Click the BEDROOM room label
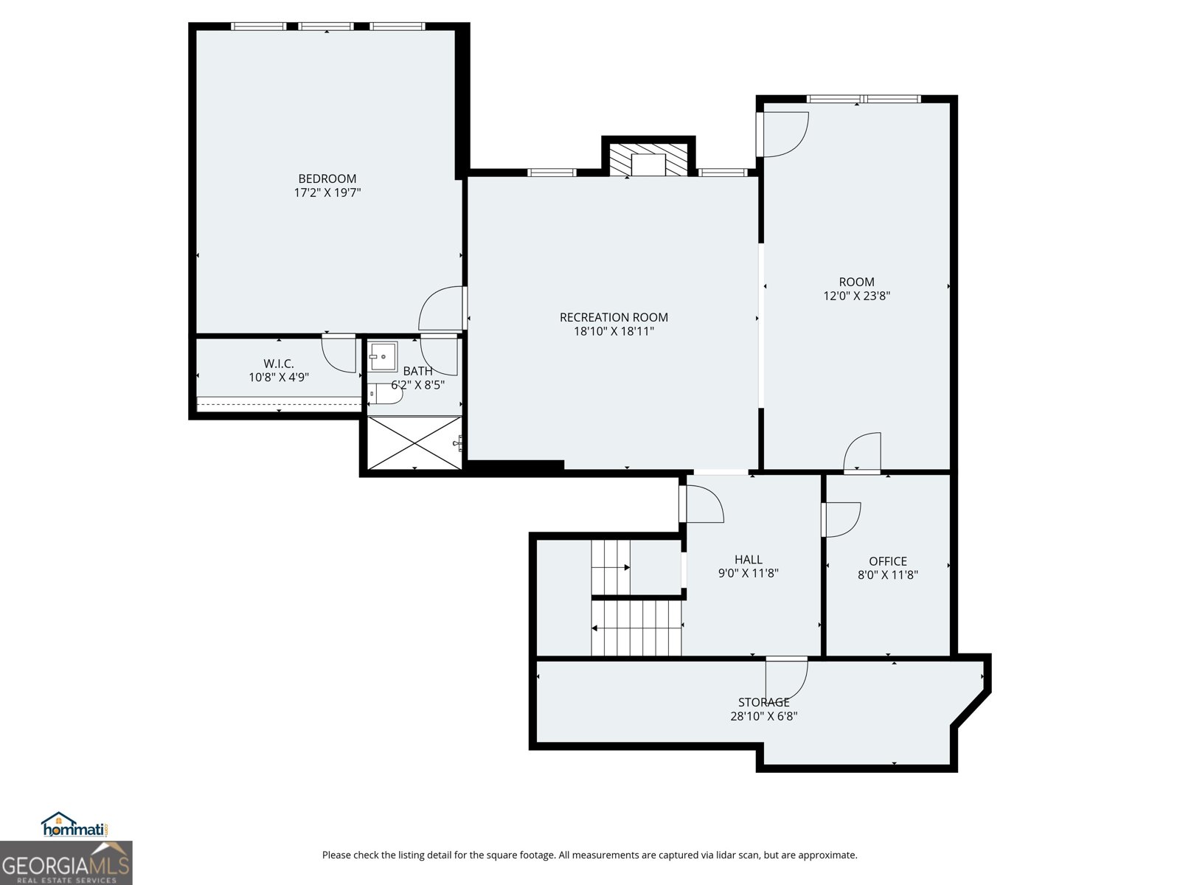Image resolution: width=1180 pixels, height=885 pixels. click(x=327, y=178)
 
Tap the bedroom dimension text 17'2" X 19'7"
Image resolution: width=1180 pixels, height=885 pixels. click(x=327, y=192)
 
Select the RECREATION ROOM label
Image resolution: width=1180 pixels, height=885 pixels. click(x=614, y=317)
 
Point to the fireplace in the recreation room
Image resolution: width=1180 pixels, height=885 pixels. click(x=648, y=159)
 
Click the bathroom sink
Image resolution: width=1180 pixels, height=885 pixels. click(x=382, y=356)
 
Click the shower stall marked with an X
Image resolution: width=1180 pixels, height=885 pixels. click(x=414, y=442)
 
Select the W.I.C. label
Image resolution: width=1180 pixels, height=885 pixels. click(x=279, y=364)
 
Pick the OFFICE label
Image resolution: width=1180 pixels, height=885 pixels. click(x=887, y=561)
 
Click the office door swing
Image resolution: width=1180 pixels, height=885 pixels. click(x=841, y=520)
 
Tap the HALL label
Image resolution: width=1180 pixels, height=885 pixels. click(x=749, y=559)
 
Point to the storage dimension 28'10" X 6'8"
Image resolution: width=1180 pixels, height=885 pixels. click(x=763, y=715)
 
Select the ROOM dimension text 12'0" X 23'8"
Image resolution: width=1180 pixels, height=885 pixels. click(x=856, y=296)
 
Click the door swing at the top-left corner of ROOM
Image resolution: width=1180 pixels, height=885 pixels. click(x=782, y=134)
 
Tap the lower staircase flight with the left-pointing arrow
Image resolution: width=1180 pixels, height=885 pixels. click(x=636, y=628)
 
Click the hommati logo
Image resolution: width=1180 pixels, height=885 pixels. click(x=75, y=825)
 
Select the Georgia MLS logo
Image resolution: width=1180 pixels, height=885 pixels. click(x=66, y=863)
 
